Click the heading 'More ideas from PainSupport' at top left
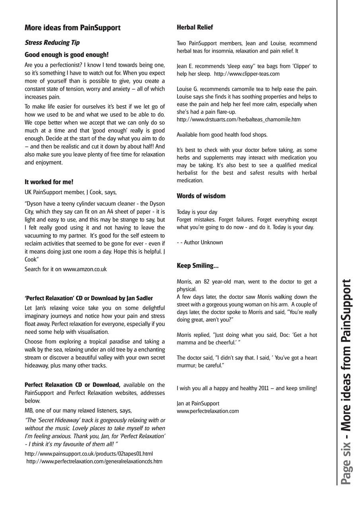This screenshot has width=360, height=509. click(x=72, y=28)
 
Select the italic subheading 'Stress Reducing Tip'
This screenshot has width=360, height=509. click(x=52, y=42)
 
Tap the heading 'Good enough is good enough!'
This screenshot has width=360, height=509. click(x=66, y=54)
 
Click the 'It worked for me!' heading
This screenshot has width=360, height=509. click(x=49, y=182)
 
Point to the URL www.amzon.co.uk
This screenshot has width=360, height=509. click(x=85, y=269)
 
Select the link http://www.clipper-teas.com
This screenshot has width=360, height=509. click(x=247, y=74)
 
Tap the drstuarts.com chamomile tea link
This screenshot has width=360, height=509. click(x=238, y=119)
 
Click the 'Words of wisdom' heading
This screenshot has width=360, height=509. click(x=201, y=196)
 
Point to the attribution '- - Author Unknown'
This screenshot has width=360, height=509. click(x=200, y=243)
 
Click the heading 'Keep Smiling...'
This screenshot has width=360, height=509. click(x=198, y=266)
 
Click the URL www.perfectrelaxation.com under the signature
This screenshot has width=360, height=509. click(x=208, y=411)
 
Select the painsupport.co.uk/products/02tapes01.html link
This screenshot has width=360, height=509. click(x=88, y=454)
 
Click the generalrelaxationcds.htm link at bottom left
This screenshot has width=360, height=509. click(x=94, y=462)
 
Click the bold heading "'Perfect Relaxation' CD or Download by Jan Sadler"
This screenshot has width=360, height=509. click(x=88, y=298)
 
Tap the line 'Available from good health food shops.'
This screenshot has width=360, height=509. click(x=222, y=135)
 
